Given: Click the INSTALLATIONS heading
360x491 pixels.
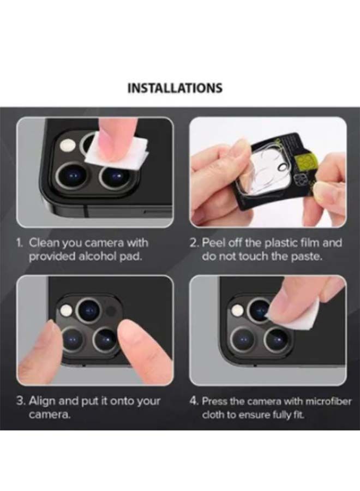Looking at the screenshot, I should click(x=175, y=88).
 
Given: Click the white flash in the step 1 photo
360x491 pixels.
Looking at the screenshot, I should click(x=68, y=146).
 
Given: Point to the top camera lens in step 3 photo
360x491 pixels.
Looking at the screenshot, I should click(x=87, y=310).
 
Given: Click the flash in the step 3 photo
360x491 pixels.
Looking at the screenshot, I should click(x=67, y=311).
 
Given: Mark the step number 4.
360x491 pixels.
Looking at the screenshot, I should click(x=194, y=401).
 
